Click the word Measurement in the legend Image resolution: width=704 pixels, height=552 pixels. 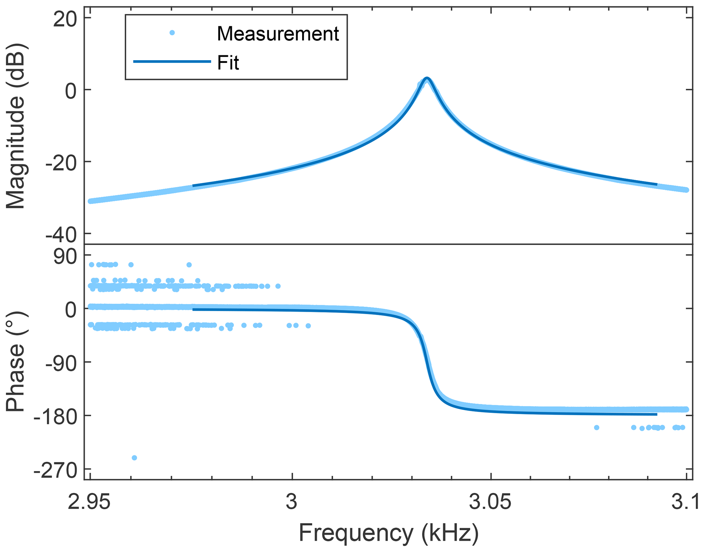pyautogui.click(x=278, y=34)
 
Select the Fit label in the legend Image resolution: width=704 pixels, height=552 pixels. pyautogui.click(x=228, y=63)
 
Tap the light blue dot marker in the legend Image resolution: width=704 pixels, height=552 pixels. pyautogui.click(x=172, y=33)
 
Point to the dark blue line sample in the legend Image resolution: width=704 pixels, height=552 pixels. pyautogui.click(x=172, y=62)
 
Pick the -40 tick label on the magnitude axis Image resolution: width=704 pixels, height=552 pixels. pyautogui.click(x=61, y=235)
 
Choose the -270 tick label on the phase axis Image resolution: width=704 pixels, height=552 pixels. pyautogui.click(x=56, y=471)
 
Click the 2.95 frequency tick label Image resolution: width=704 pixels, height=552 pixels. pyautogui.click(x=89, y=503)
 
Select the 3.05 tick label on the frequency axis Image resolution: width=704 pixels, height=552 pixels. pyautogui.click(x=490, y=503)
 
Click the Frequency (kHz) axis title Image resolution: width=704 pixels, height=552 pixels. pyautogui.click(x=389, y=533)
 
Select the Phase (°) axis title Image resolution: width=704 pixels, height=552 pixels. pyautogui.click(x=16, y=361)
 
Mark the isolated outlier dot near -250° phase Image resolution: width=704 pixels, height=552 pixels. pyautogui.click(x=134, y=458)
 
